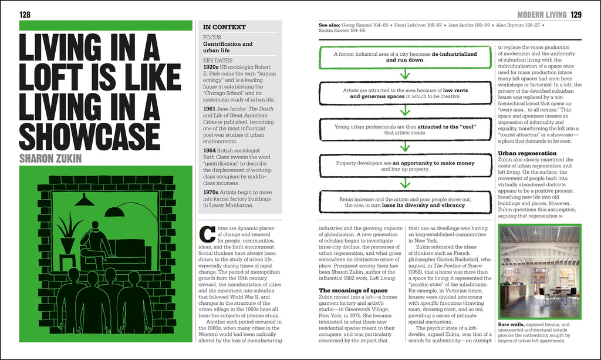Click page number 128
(x=25, y=15)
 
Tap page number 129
(x=576, y=15)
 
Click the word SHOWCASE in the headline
(x=89, y=136)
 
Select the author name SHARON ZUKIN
(x=50, y=159)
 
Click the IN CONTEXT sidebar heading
(x=224, y=27)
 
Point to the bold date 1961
(x=210, y=109)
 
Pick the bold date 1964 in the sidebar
(x=210, y=151)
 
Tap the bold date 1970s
(x=211, y=193)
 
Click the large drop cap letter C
(x=207, y=234)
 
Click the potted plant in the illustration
(x=68, y=233)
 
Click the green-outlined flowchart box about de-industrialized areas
(x=405, y=57)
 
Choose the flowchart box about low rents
(x=405, y=93)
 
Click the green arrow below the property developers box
(x=405, y=183)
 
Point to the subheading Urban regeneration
(x=527, y=153)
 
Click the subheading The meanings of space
(x=353, y=291)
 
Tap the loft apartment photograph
(x=540, y=272)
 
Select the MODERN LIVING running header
(x=542, y=15)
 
